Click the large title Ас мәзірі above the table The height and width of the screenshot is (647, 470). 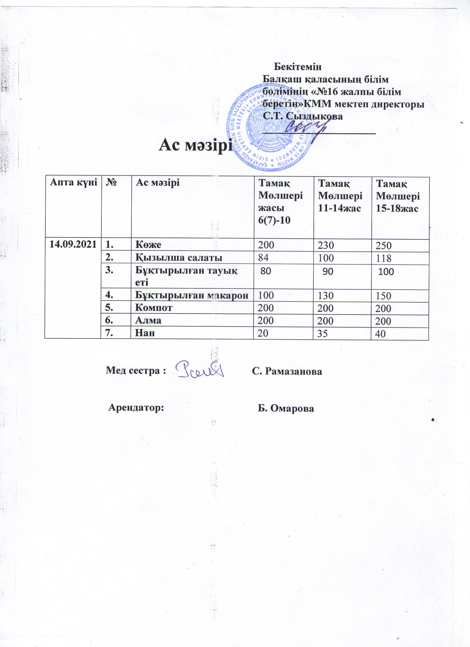[x=195, y=146]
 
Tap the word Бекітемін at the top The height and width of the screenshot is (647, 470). [x=297, y=67]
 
